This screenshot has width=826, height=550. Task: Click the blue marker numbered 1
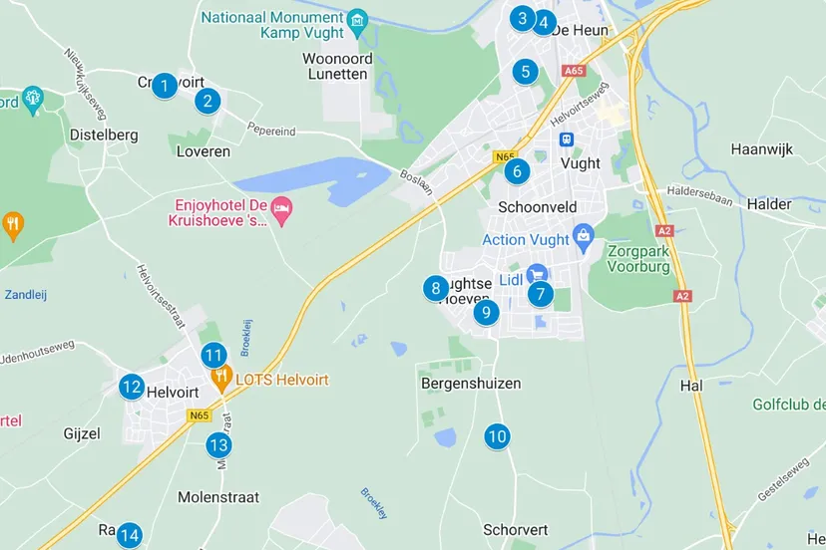165,86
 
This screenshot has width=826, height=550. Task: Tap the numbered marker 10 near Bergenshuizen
496,436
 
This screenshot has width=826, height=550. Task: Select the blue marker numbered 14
129,536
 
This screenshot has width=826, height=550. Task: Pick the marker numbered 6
516,171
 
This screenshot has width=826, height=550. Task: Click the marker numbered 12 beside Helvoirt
132,387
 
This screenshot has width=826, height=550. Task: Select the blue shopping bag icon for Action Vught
583,238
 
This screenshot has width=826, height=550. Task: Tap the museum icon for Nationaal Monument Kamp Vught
357,20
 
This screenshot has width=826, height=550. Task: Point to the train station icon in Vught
567,139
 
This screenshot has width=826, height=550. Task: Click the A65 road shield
574,71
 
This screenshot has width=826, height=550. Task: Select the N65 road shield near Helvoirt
199,415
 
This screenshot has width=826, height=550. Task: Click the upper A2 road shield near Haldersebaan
664,230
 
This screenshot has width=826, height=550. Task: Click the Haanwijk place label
761,149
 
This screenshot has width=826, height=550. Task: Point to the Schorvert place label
515,530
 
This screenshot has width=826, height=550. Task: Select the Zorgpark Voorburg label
638,259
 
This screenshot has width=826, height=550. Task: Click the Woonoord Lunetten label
338,66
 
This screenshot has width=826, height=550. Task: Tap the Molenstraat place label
218,497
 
